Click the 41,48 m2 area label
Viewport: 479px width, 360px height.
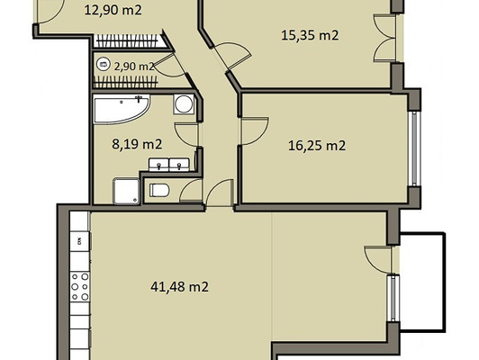click(180, 287)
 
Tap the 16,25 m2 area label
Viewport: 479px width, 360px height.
click(317, 145)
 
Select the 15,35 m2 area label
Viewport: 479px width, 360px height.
click(310, 35)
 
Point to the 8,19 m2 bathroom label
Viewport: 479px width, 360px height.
click(137, 144)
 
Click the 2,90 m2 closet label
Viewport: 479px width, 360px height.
click(134, 67)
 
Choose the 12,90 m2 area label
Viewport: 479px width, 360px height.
click(113, 10)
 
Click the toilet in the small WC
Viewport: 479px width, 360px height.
click(158, 190)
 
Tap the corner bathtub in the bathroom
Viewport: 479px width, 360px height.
click(122, 108)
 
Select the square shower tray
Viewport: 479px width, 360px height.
click(126, 191)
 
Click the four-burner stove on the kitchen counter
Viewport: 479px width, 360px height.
click(80, 287)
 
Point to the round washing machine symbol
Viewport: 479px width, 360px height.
click(184, 104)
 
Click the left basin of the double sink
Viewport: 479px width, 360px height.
click(158, 165)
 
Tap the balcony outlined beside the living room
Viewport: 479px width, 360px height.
click(422, 282)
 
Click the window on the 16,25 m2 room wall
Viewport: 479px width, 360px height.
click(414, 148)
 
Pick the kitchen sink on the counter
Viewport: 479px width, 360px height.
click(80, 241)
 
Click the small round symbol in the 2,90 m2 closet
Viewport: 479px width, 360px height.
click(103, 64)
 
